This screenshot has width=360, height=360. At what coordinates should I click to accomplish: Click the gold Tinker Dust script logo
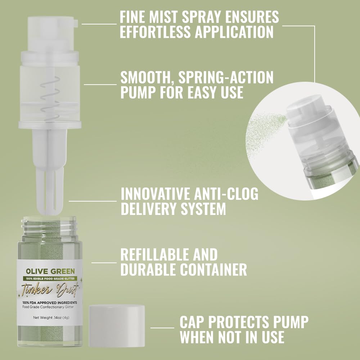tap(50, 289)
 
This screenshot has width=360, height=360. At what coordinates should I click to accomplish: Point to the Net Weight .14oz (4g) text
tap(50, 318)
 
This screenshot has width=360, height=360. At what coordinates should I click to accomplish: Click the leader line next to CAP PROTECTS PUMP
tap(162, 328)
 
